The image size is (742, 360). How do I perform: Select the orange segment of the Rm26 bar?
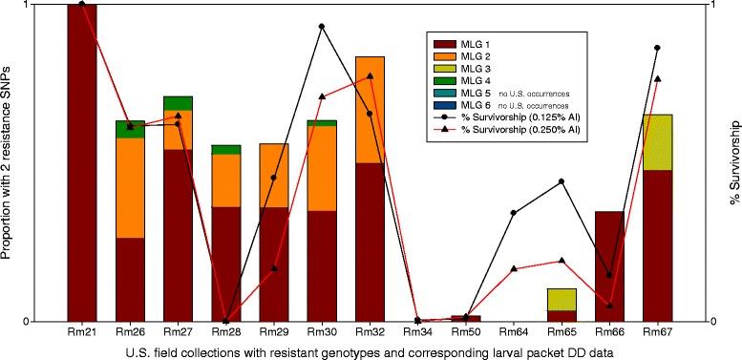(x=130, y=187)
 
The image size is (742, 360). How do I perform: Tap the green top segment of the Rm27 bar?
(x=178, y=103)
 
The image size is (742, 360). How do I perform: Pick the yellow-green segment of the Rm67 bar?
(x=657, y=142)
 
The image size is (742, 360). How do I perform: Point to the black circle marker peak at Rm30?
(x=322, y=27)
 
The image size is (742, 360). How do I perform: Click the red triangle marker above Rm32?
(x=370, y=76)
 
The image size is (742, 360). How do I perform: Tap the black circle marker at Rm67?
(x=657, y=48)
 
